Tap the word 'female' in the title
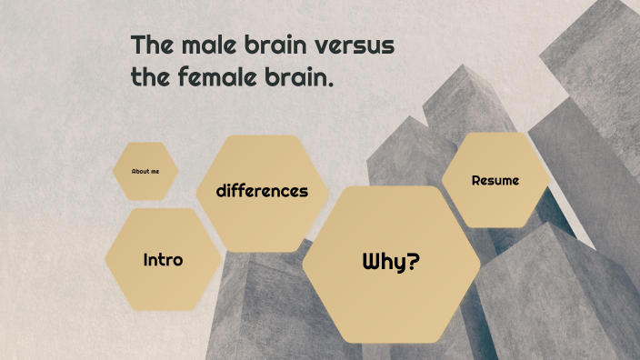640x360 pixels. pos(215,77)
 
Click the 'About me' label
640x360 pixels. pos(145,171)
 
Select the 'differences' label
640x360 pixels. pos(262,191)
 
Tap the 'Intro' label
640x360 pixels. pos(163,260)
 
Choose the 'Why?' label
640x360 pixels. pos(391,263)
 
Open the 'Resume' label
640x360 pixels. pos(495,180)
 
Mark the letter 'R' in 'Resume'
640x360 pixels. pos(476,180)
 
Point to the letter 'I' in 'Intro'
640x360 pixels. pos(146,260)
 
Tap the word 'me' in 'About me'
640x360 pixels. pos(155,171)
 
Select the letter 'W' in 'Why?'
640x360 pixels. pos(372,263)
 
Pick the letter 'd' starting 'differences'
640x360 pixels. pos(221,191)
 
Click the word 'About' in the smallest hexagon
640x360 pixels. pos(140,171)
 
